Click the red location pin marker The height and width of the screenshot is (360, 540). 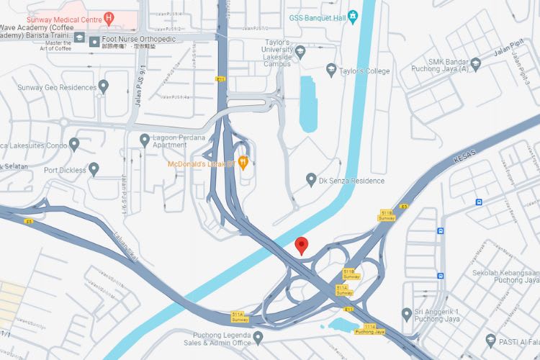point(303,245)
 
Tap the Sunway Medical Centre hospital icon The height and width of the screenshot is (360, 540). point(109,16)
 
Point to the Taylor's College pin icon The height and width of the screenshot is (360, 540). point(331,70)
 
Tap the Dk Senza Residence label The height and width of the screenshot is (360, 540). point(351,181)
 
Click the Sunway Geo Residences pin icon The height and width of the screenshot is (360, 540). point(103,87)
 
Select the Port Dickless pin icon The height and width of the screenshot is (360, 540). point(94,170)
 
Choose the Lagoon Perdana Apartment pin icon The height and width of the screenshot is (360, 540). point(144,140)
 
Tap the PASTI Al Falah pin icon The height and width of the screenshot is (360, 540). point(491,340)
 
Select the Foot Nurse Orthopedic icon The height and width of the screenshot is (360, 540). point(94,42)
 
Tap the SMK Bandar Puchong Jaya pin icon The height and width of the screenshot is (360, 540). point(475,66)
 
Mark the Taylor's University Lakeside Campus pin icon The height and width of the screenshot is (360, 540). point(300,51)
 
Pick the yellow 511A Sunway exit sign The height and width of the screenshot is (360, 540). point(240,317)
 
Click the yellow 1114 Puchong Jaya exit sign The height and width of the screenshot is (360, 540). point(370,329)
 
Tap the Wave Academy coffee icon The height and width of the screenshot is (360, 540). point(78,37)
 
